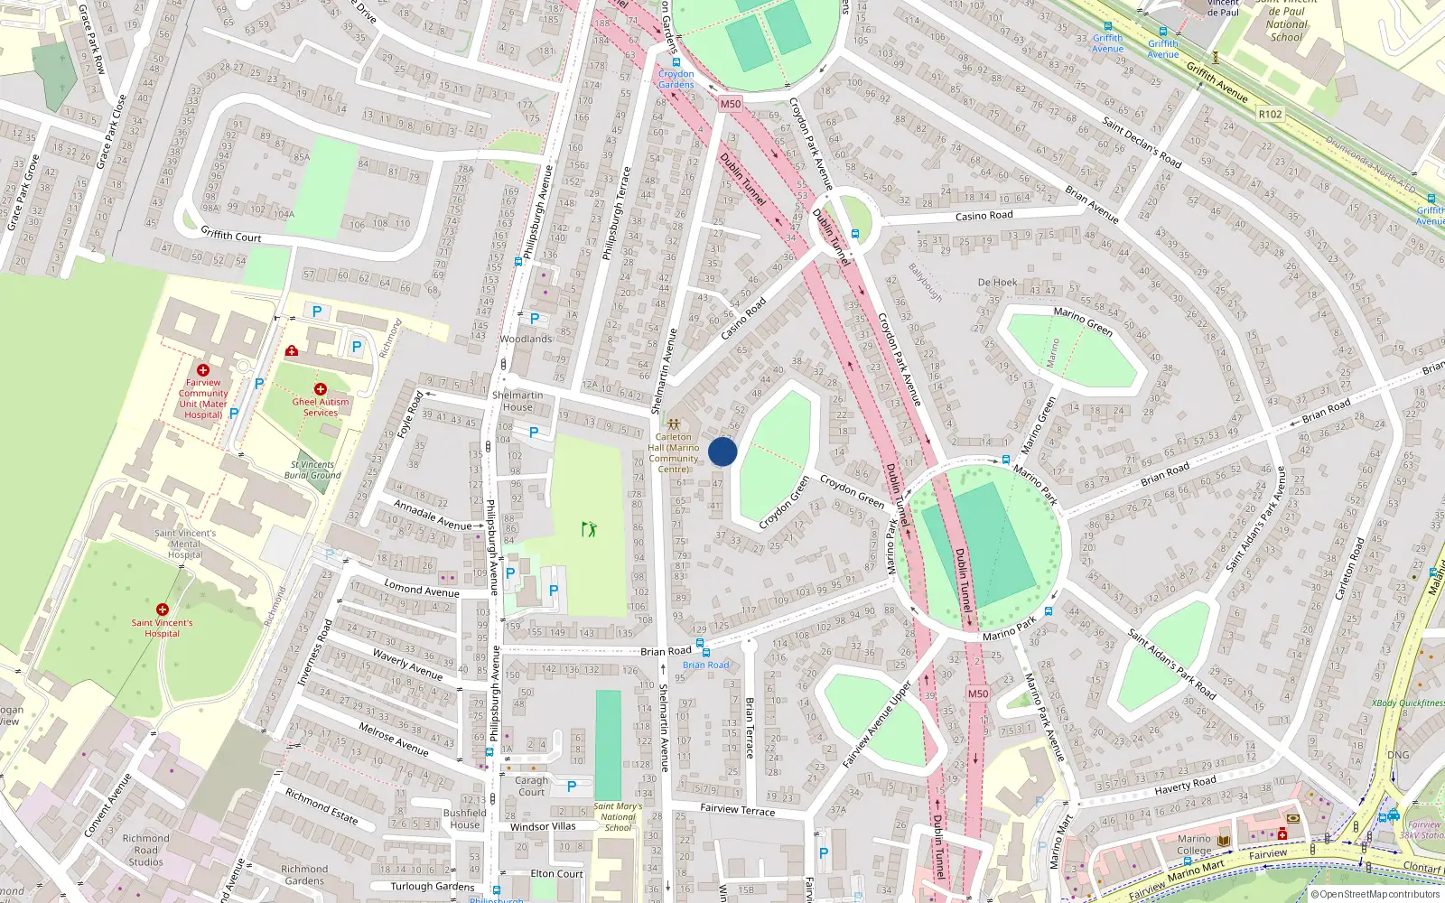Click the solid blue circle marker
point(722,451)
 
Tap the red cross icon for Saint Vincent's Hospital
point(163,610)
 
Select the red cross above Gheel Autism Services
point(320,389)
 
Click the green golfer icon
point(590,528)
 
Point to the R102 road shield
point(1270,114)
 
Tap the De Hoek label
point(997,283)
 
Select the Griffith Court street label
point(231,235)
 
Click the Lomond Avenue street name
point(422,588)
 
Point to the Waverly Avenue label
point(407,665)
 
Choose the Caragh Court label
point(532,786)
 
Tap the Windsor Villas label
point(543,826)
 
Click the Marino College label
point(1194,844)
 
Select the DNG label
point(1398,755)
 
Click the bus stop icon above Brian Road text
point(704,652)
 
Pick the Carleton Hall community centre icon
point(674,423)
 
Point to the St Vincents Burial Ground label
point(312,470)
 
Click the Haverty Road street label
point(1185,786)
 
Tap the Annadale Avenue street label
point(433,517)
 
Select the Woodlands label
point(526,339)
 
